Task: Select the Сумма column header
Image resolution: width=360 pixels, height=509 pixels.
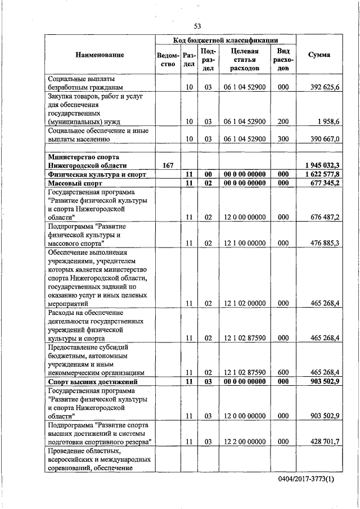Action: click(x=319, y=55)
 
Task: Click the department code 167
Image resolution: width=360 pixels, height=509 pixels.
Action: click(x=168, y=166)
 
